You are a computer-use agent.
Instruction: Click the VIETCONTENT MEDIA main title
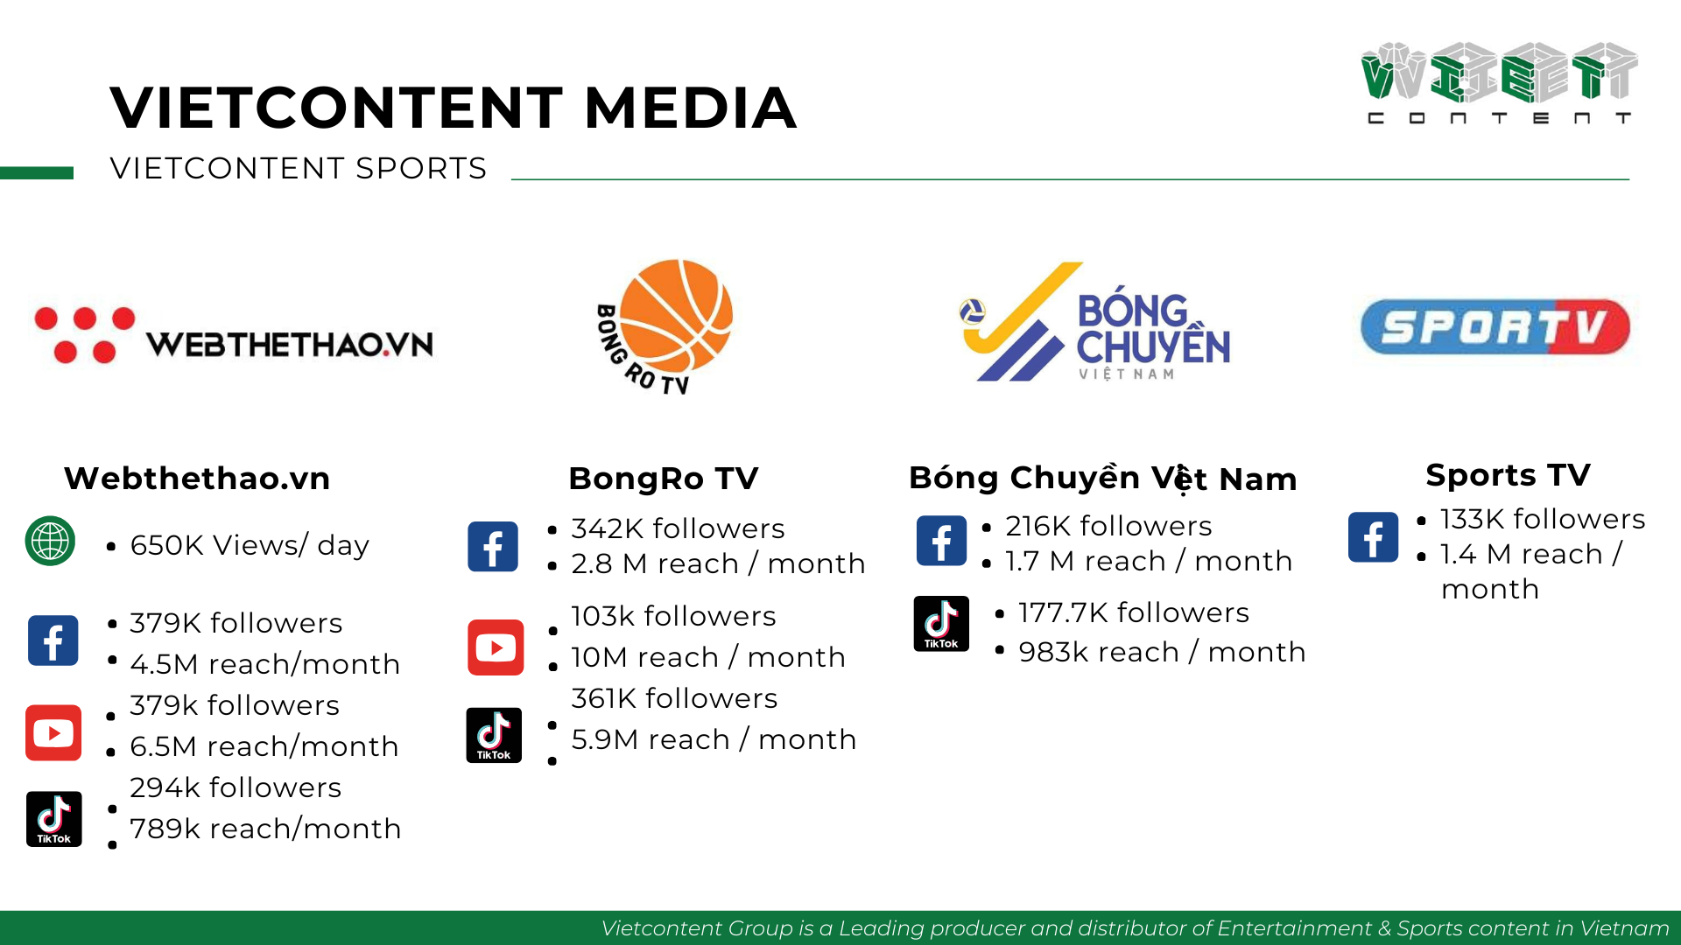click(x=454, y=108)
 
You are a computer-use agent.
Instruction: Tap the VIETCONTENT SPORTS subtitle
click(x=299, y=168)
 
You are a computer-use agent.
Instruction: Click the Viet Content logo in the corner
click(x=1499, y=83)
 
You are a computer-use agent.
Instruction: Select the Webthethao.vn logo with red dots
click(x=234, y=335)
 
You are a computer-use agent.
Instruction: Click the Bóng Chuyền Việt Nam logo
click(x=1094, y=322)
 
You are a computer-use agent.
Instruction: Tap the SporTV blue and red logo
click(x=1495, y=327)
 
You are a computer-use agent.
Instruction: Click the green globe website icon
click(x=50, y=541)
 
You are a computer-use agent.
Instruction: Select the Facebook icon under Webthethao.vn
click(x=53, y=640)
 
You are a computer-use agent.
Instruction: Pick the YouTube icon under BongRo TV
click(x=496, y=647)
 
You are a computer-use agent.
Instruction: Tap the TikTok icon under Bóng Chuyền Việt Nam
click(x=941, y=624)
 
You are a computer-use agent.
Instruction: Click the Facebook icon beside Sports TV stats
click(x=1373, y=537)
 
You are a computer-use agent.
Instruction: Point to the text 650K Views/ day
click(x=250, y=545)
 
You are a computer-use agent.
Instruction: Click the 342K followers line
click(x=678, y=528)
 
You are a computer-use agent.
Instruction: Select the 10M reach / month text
click(x=708, y=657)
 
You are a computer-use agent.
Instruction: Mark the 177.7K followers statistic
click(x=1134, y=612)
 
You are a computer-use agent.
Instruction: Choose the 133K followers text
click(x=1543, y=519)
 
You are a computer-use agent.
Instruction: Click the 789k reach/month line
click(x=265, y=829)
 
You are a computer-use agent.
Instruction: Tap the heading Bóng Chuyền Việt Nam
click(x=1103, y=478)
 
